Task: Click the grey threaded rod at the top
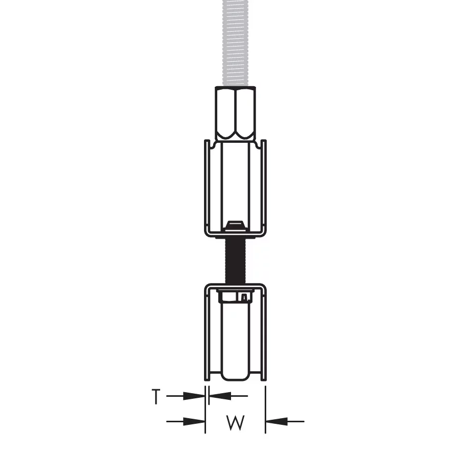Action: coord(235,43)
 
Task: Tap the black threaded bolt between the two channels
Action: coord(235,261)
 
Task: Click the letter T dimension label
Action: coord(156,396)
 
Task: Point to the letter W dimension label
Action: coord(235,422)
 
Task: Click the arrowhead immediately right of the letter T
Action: coord(194,396)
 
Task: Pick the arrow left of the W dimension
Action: coord(186,422)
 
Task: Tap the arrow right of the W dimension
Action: coord(285,422)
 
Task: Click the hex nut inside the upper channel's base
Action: coord(235,226)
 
